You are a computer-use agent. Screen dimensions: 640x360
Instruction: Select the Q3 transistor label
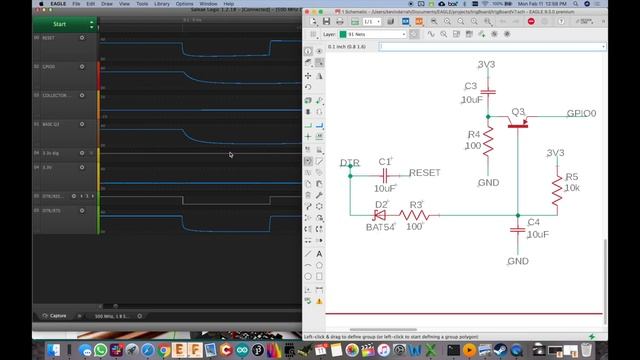tap(518, 111)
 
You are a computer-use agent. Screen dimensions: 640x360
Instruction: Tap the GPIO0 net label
tap(581, 114)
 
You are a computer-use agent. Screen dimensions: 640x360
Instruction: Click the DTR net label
tap(349, 162)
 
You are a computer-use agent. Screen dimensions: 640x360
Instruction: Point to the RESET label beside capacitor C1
tap(425, 173)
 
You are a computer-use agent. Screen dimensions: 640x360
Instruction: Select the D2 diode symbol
tap(380, 213)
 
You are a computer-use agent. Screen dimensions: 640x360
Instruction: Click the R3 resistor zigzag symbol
tap(414, 213)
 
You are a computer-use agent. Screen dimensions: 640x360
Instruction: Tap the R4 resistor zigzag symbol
tap(490, 146)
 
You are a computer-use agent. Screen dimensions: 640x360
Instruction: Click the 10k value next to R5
tap(572, 188)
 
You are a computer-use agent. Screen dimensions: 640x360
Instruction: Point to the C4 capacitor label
tap(533, 222)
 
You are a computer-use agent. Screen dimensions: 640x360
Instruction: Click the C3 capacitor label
tap(470, 86)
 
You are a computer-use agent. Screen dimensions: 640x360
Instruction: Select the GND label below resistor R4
tap(488, 183)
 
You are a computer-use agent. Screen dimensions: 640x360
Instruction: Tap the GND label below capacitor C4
tap(517, 261)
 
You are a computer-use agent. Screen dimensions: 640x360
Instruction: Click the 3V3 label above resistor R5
tap(556, 153)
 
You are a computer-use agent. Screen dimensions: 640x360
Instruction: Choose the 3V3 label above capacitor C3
tap(486, 64)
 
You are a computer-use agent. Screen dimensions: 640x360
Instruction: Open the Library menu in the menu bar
tap(159, 4)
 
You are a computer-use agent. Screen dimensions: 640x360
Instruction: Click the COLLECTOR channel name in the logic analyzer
tap(54, 95)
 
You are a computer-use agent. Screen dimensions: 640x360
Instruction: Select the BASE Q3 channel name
tap(52, 124)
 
